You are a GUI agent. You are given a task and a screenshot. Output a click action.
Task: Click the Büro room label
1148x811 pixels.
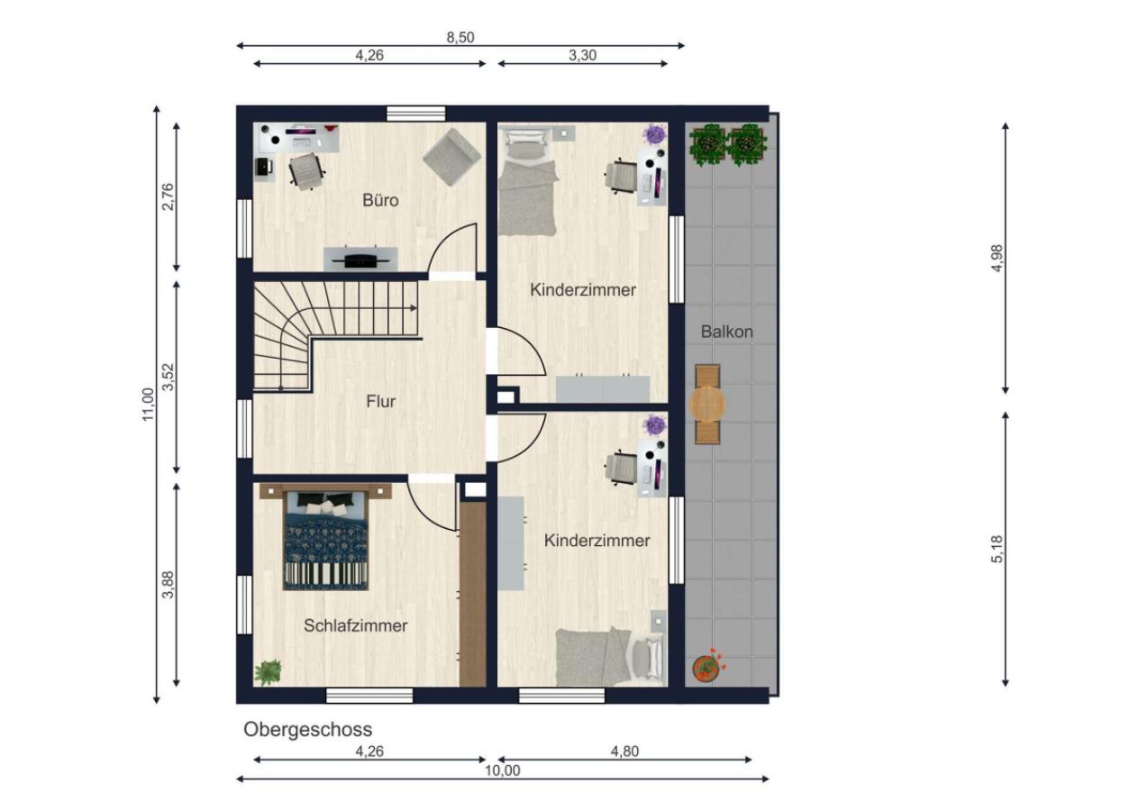click(x=380, y=200)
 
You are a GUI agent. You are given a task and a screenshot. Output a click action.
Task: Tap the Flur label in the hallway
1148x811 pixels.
click(x=381, y=401)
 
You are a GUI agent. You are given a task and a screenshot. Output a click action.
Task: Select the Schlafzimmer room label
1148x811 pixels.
click(x=356, y=625)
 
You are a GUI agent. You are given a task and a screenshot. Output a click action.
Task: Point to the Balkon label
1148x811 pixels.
click(x=726, y=332)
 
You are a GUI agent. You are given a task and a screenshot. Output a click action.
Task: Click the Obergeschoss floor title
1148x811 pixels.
click(x=307, y=729)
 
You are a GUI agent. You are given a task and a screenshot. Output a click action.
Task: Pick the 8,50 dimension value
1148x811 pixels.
click(x=460, y=38)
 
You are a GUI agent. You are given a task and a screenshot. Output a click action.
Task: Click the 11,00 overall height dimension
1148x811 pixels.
click(x=148, y=405)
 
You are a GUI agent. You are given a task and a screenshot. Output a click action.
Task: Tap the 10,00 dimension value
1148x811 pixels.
click(x=502, y=770)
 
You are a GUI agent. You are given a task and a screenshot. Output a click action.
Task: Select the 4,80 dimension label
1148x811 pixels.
click(x=624, y=751)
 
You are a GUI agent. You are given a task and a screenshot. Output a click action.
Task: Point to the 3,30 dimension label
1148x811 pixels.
click(x=582, y=55)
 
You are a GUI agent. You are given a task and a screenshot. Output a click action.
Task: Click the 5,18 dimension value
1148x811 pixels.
click(x=997, y=549)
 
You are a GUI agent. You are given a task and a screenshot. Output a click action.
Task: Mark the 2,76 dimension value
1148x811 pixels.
click(x=169, y=196)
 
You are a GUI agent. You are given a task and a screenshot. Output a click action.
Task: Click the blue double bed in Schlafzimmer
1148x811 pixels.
click(x=326, y=541)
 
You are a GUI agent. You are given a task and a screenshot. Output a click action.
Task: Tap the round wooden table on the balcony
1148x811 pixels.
click(x=707, y=404)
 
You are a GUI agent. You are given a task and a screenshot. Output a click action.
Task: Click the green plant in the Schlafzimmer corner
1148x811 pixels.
click(x=268, y=672)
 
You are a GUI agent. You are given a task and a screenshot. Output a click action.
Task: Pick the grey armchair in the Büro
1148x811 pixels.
click(x=451, y=157)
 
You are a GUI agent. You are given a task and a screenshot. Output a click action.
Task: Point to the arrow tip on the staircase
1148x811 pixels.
click(x=415, y=308)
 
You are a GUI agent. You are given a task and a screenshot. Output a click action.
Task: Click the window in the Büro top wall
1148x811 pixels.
click(x=415, y=114)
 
